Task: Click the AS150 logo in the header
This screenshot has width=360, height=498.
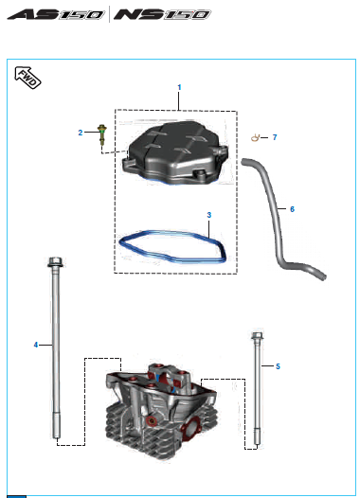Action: [56, 14]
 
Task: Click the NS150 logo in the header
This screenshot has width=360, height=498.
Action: [162, 14]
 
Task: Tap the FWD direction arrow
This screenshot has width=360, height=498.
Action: [27, 78]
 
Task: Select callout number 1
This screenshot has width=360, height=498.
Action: [179, 87]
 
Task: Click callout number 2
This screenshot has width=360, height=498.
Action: [81, 133]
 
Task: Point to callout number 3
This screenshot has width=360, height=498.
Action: [208, 215]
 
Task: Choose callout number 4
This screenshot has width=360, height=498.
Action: [36, 345]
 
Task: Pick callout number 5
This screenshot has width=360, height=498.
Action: [278, 366]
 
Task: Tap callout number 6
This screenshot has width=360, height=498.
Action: [292, 209]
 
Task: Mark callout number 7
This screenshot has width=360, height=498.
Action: [275, 137]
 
